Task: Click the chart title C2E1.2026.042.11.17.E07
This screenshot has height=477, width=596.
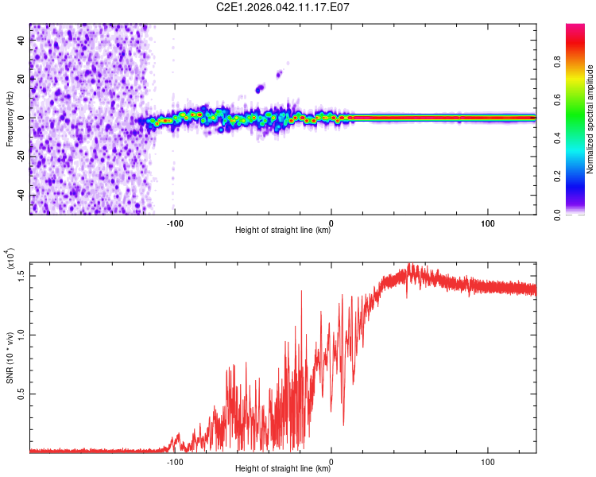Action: pos(283,7)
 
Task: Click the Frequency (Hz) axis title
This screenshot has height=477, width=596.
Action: pos(10,118)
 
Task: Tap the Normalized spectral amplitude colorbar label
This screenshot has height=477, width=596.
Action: pos(590,118)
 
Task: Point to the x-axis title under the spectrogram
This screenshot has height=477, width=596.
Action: pos(283,230)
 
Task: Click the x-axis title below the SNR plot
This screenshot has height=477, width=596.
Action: pos(283,468)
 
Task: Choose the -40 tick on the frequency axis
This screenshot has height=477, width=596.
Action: pos(19,195)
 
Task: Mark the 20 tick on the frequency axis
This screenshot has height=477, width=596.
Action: pos(21,79)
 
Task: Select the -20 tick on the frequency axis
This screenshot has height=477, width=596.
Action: pos(19,157)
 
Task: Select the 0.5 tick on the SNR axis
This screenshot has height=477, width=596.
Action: pos(21,394)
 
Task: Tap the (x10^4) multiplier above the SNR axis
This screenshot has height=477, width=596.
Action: pos(10,258)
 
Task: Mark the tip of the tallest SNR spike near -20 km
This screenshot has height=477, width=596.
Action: pos(301,291)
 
